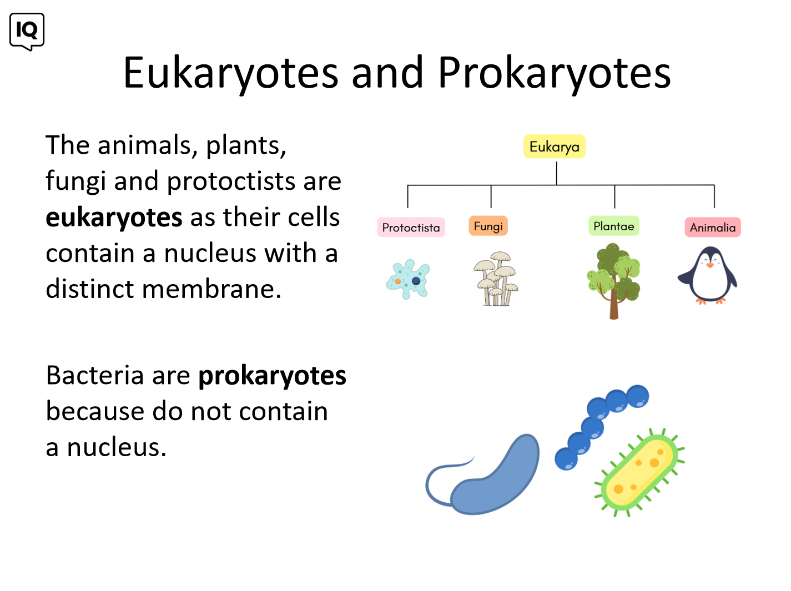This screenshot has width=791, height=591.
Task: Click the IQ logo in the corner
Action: coord(27,32)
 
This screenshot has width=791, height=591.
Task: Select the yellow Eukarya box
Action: coord(554,146)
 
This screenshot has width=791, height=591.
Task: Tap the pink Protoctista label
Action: coord(411,228)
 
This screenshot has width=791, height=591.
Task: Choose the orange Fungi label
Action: coord(488,226)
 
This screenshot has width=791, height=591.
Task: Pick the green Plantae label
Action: coord(613,226)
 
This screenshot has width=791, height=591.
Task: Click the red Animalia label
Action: coord(712,228)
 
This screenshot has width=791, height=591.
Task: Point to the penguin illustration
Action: coord(707,275)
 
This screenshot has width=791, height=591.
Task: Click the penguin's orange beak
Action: coord(709,265)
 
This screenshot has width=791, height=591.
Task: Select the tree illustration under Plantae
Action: coord(613,281)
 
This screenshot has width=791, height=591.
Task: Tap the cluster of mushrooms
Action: coord(496,279)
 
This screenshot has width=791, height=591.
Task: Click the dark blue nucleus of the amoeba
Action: coord(416,281)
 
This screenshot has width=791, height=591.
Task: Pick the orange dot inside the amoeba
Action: coord(398,281)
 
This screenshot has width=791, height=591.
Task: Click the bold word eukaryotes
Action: coord(114,218)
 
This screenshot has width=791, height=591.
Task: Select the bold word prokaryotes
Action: coord(272,376)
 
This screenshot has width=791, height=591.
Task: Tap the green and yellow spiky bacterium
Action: coord(639,472)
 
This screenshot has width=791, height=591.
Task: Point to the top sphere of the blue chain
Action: coord(637,397)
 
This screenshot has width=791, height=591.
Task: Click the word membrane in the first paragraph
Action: coord(211,289)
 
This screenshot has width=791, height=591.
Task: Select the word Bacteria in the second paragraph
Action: coord(95,375)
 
